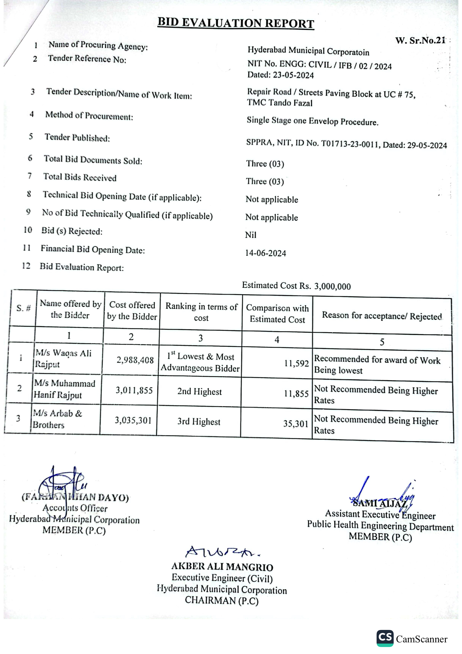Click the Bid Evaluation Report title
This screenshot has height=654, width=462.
tap(236, 23)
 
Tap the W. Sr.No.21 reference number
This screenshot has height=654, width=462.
tap(420, 40)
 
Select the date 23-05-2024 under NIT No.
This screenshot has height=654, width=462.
tap(293, 75)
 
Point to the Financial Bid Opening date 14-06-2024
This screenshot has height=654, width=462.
tap(266, 253)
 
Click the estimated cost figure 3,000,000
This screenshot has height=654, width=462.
tap(332, 286)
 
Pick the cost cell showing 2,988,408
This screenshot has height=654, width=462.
tap(135, 360)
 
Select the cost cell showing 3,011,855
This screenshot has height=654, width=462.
tap(134, 390)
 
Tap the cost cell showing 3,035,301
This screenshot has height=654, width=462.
tap(133, 420)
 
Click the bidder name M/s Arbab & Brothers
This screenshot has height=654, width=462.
tap(57, 419)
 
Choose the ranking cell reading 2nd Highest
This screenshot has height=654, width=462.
tap(199, 392)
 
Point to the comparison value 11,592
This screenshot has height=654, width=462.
tap(296, 364)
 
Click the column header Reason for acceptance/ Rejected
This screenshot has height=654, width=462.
tap(382, 316)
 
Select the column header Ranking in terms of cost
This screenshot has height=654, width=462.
tap(201, 312)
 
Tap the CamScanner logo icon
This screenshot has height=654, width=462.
tap(385, 638)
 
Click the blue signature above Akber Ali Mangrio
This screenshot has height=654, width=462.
tap(222, 552)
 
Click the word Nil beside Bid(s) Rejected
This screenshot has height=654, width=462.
tap(251, 235)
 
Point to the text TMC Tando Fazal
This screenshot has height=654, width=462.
tap(280, 103)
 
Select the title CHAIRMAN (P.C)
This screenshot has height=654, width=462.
tap(222, 600)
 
